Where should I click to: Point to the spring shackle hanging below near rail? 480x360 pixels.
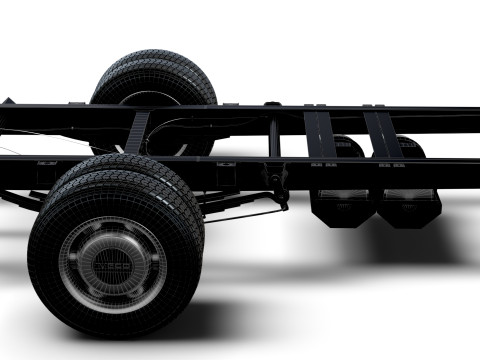click(x=279, y=195)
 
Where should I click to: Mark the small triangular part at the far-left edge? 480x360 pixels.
click(x=8, y=101)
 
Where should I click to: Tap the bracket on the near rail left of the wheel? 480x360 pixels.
click(x=46, y=163)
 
